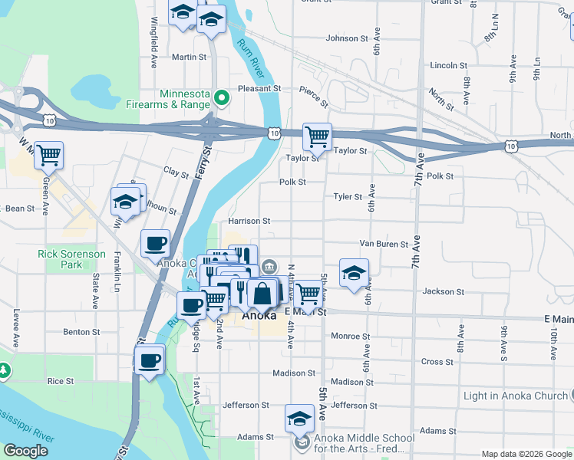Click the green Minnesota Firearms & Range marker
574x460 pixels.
pyautogui.click(x=222, y=97)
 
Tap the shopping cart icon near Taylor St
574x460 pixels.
pyautogui.click(x=317, y=137)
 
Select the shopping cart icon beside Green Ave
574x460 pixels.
pyautogui.click(x=48, y=155)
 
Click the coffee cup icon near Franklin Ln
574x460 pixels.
pyautogui.click(x=155, y=243)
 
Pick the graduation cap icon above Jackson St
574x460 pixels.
pyautogui.click(x=354, y=273)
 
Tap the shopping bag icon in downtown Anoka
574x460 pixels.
pyautogui.click(x=262, y=292)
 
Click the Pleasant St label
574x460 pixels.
pyautogui.click(x=256, y=89)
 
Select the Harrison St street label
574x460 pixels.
pyautogui.click(x=249, y=221)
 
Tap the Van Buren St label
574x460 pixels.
pyautogui.click(x=384, y=245)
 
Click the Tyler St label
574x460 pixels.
pyautogui.click(x=348, y=197)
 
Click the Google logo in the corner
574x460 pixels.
pyautogui.click(x=26, y=451)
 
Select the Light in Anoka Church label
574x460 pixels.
pyautogui.click(x=514, y=396)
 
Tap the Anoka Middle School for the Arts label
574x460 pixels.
pyautogui.click(x=365, y=443)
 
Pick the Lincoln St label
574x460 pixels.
pyautogui.click(x=444, y=66)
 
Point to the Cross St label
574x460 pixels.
pyautogui.click(x=437, y=362)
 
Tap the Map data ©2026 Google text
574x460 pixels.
pyautogui.click(x=526, y=454)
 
